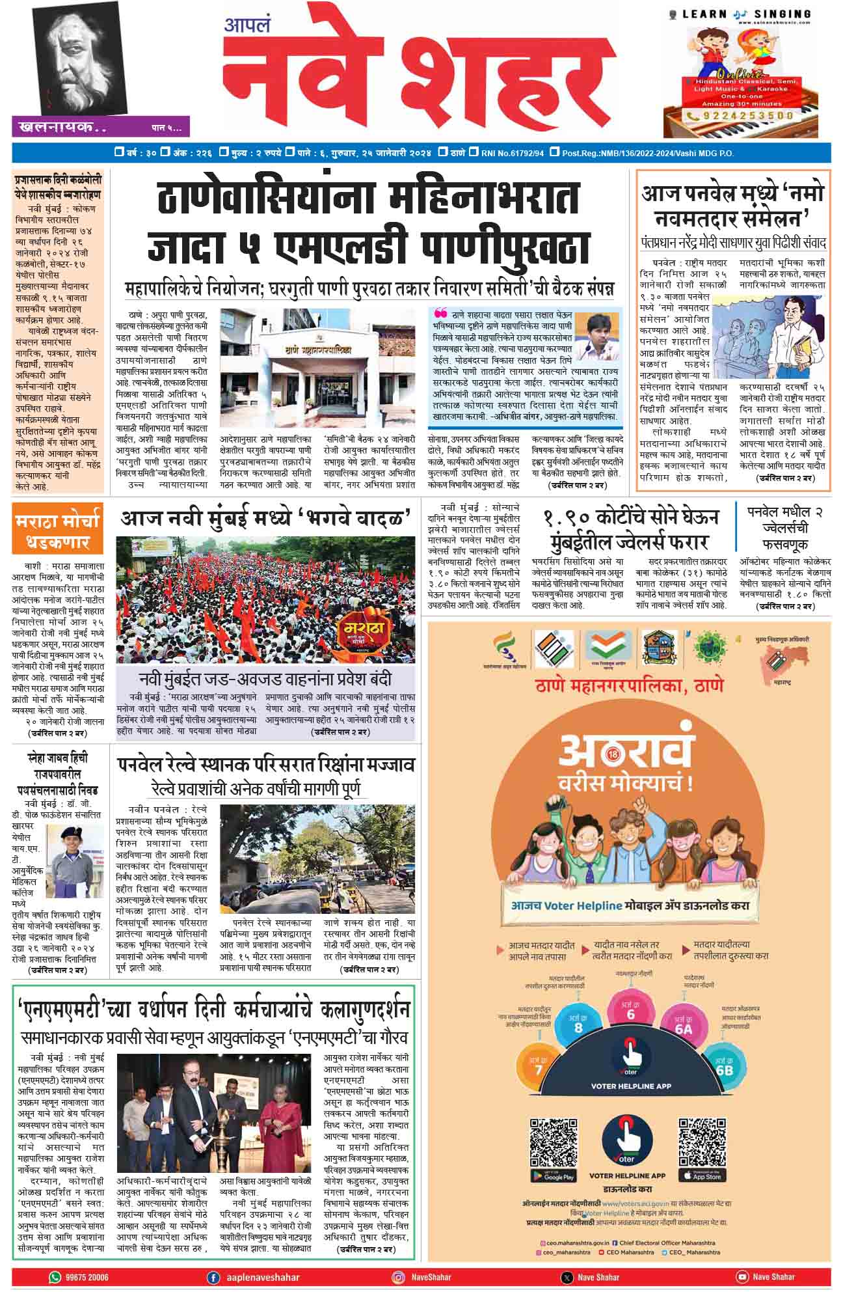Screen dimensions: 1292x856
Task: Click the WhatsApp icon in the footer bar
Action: [55, 1277]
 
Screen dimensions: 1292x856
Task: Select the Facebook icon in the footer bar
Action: [213, 1277]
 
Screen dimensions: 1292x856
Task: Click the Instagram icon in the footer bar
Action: [397, 1277]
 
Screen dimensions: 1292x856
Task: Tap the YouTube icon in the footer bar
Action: [742, 1277]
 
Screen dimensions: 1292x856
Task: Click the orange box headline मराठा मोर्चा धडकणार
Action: [57, 531]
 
